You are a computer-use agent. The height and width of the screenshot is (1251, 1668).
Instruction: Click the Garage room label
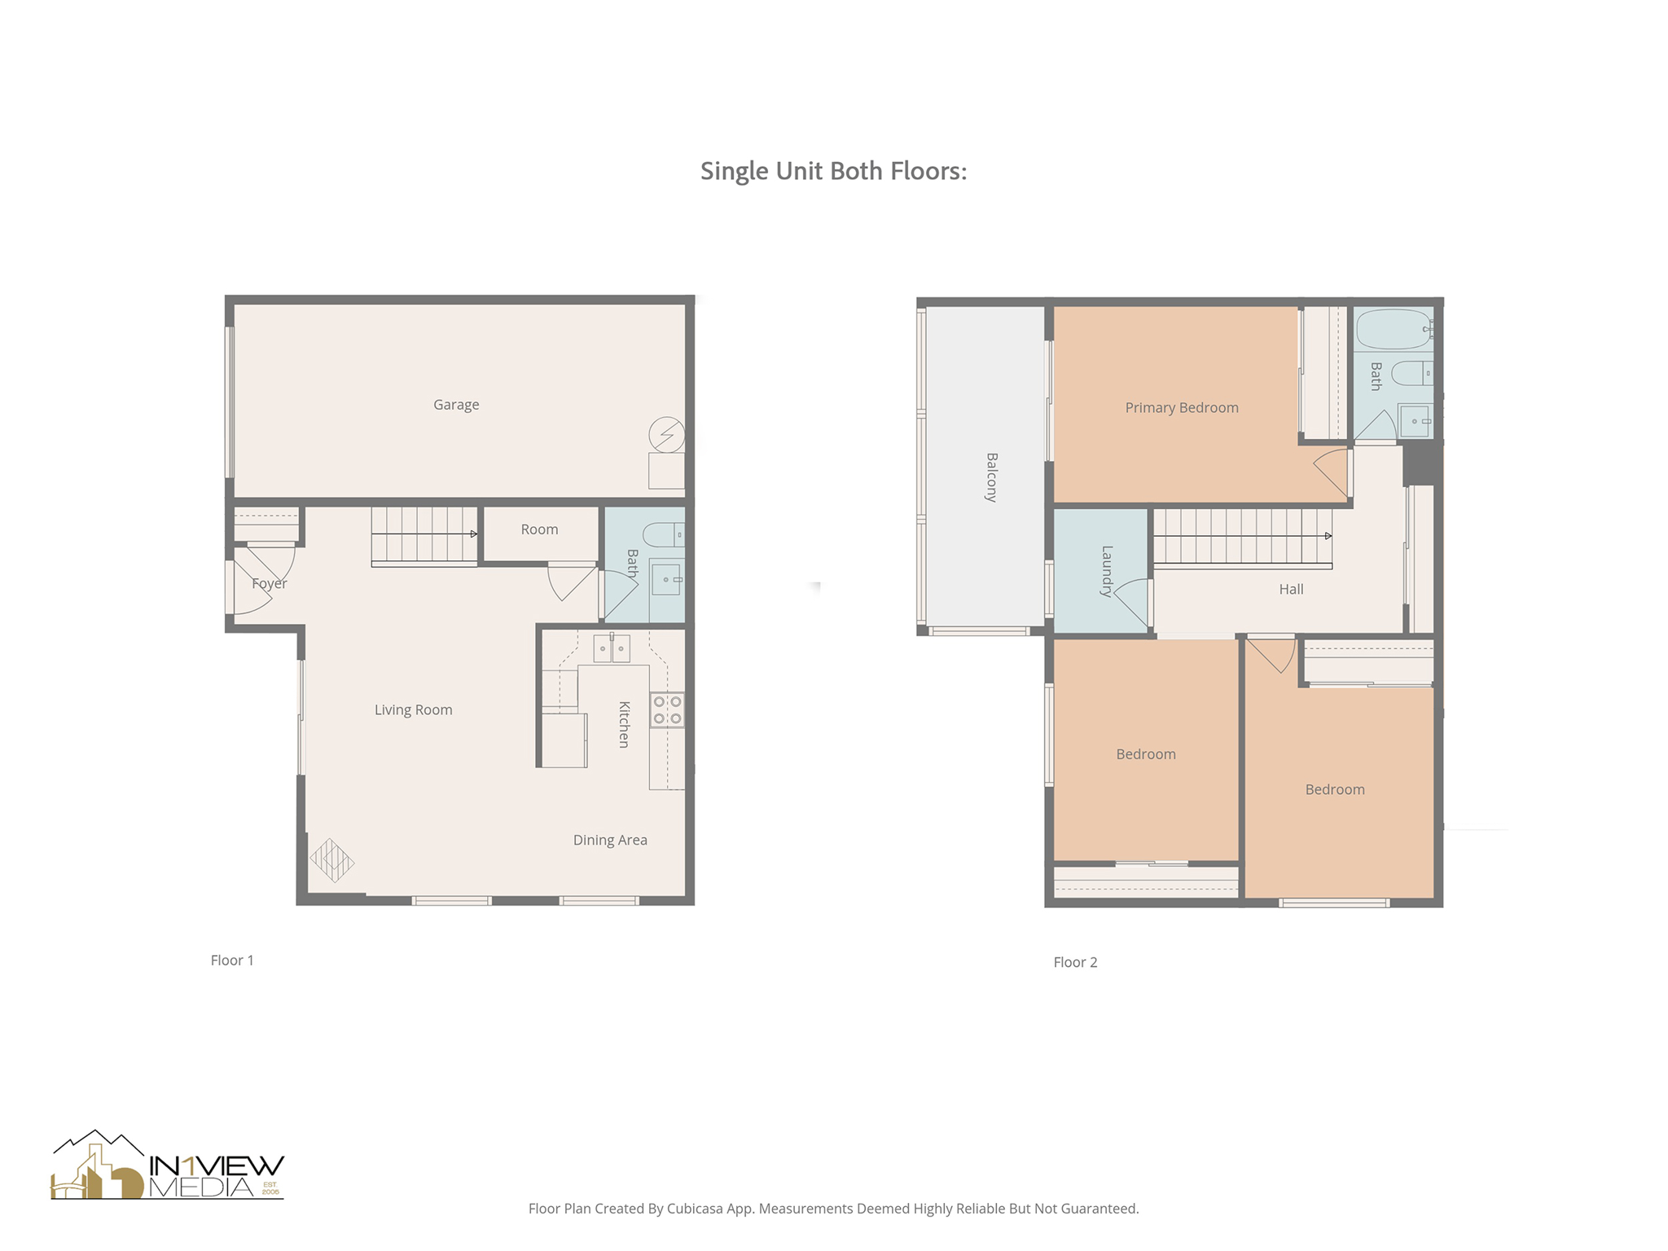tap(455, 405)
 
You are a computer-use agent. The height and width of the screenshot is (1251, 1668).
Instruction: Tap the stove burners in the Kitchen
tap(666, 709)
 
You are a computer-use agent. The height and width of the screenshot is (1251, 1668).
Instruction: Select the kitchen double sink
tap(611, 648)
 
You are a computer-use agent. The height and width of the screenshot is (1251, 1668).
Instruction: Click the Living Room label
tap(413, 709)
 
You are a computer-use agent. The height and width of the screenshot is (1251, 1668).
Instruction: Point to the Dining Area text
tap(609, 840)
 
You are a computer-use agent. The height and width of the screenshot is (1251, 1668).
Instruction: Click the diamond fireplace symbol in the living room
tap(331, 860)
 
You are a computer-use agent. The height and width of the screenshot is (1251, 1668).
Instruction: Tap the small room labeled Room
tap(539, 529)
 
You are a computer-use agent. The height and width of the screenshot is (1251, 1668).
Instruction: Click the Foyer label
tap(269, 583)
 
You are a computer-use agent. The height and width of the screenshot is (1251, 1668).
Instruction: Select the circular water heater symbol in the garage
tap(666, 434)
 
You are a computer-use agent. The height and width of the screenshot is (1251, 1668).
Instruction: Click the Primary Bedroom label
tap(1181, 407)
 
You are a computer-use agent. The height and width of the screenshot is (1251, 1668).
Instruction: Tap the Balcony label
tap(991, 476)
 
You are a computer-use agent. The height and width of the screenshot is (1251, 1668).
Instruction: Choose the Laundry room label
tap(1106, 571)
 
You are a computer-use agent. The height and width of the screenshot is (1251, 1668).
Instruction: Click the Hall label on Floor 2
tap(1290, 589)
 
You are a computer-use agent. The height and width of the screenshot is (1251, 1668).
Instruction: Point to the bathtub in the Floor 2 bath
tap(1394, 329)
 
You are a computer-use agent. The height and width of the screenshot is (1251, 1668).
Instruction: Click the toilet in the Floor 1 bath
tap(662, 534)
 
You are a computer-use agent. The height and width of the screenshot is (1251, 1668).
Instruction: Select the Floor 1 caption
tap(232, 960)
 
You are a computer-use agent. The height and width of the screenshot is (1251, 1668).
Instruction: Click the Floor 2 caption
tap(1075, 962)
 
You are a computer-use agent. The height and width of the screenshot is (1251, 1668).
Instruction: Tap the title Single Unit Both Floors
tap(833, 171)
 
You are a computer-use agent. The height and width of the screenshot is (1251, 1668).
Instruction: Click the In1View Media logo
tap(167, 1166)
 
